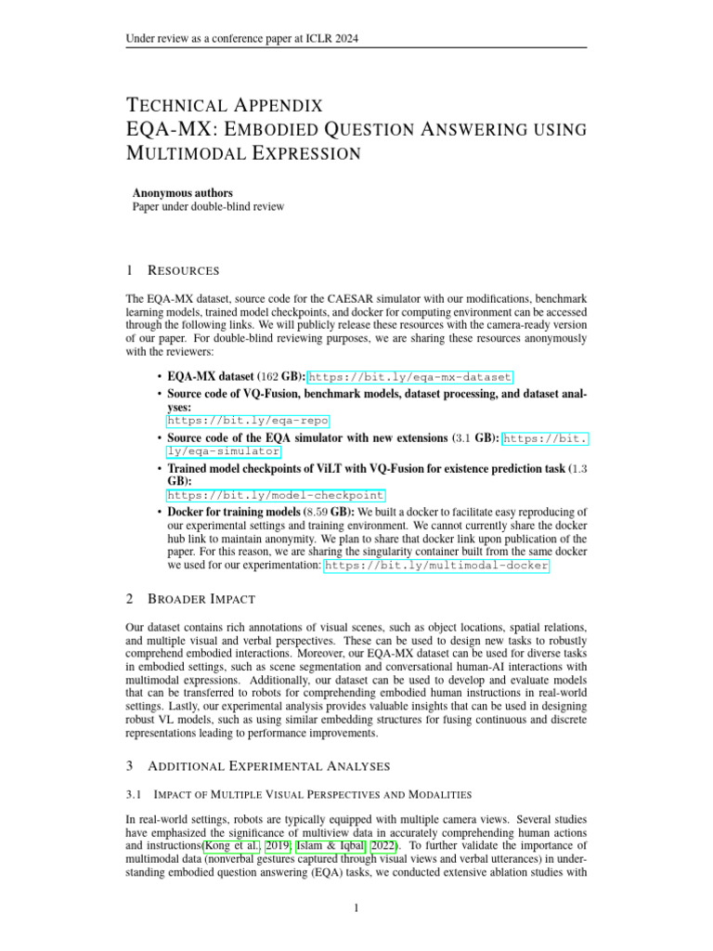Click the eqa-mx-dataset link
click(408, 378)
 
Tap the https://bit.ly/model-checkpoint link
click(275, 495)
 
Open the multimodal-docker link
click(436, 565)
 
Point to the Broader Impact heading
click(201, 599)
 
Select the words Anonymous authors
click(183, 193)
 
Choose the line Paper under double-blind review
click(208, 207)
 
